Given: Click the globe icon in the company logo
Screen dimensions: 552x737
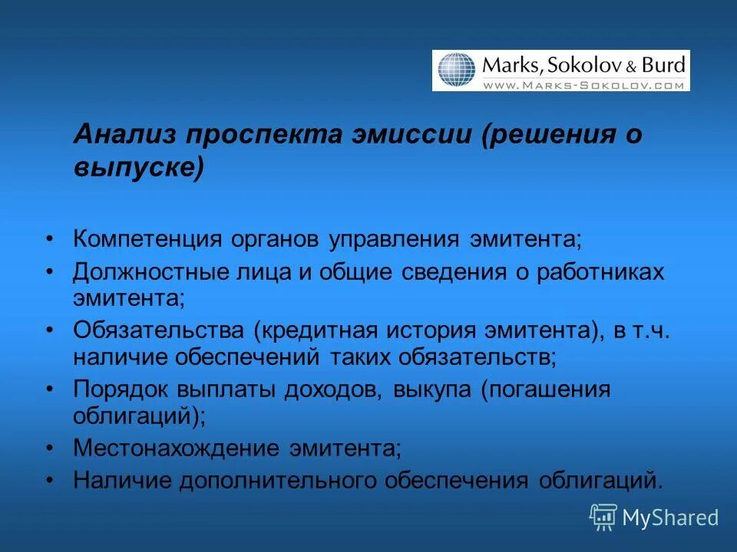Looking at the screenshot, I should click(x=457, y=71).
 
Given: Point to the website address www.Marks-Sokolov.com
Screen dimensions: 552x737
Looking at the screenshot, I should click(x=583, y=85).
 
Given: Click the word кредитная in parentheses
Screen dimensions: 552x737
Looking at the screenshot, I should click(x=318, y=330).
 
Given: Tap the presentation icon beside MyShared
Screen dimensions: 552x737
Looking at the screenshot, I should click(x=603, y=517).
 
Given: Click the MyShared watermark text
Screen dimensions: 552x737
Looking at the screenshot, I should click(x=670, y=517).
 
